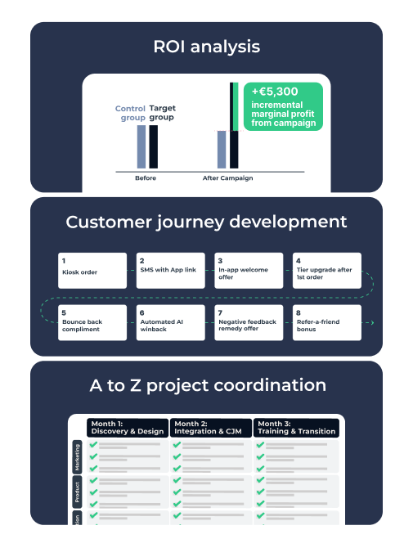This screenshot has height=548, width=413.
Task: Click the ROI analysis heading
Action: tap(206, 47)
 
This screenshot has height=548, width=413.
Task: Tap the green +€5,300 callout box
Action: tap(283, 106)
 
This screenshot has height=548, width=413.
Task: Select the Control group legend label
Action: tap(130, 113)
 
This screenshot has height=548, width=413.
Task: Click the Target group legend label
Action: tap(163, 113)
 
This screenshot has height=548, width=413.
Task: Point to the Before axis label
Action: tap(146, 177)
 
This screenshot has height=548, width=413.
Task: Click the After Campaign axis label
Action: tap(228, 177)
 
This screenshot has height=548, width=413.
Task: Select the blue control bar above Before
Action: tap(141, 146)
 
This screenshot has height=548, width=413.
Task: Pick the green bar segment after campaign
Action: tap(236, 106)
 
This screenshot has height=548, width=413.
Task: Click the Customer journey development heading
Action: tap(206, 222)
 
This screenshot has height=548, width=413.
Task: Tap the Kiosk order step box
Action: tap(92, 271)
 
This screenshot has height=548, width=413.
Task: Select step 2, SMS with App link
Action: tap(170, 271)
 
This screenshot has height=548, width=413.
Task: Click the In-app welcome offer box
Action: tap(249, 271)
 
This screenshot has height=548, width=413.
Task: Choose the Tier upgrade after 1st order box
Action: tap(327, 271)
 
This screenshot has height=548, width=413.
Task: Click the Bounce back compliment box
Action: tap(92, 322)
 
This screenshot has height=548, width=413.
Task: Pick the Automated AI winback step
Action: tap(170, 322)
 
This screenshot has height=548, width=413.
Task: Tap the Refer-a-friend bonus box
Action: tap(327, 322)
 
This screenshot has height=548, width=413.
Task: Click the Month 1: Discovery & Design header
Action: tap(128, 428)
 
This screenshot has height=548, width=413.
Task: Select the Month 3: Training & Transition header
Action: tap(296, 428)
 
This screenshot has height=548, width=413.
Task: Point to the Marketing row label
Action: tap(77, 457)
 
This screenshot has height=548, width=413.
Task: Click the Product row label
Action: tap(77, 492)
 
